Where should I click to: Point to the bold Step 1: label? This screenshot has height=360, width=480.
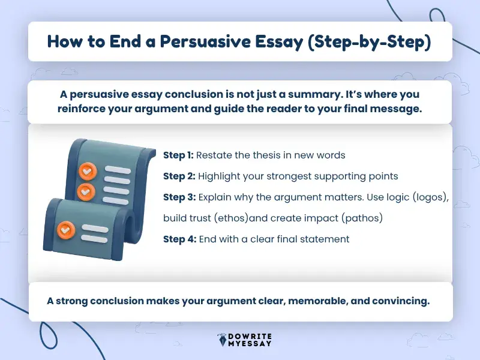(178, 155)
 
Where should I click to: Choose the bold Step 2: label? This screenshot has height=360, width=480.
(179, 176)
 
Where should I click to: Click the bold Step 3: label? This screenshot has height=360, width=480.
(179, 197)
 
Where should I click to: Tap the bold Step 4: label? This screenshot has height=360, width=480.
(179, 239)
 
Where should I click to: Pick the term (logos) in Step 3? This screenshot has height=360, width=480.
(427, 197)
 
